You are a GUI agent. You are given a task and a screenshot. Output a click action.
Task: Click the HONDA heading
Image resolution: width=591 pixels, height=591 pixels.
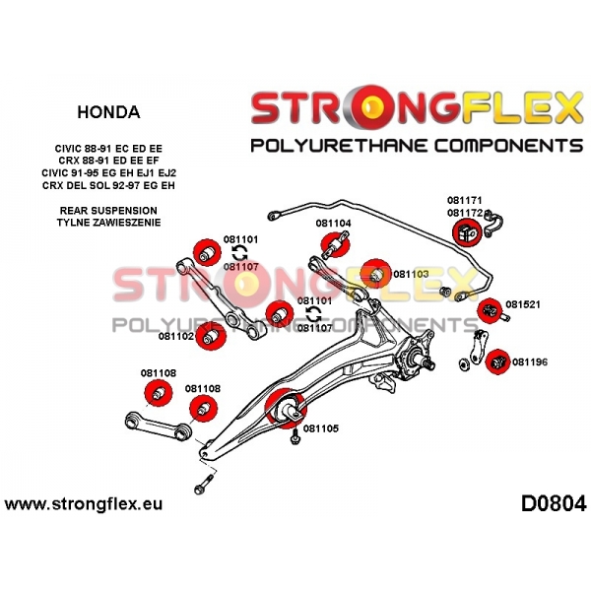coord(108,112)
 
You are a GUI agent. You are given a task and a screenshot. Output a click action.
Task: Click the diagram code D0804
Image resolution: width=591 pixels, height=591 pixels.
coord(554,503)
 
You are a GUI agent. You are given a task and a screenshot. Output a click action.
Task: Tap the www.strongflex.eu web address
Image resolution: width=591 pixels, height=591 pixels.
coord(84,504)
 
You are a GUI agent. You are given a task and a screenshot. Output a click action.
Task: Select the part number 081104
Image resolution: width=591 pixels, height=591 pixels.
coord(333,224)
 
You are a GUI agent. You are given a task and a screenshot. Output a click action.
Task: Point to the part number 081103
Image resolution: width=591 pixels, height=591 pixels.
coord(411,274)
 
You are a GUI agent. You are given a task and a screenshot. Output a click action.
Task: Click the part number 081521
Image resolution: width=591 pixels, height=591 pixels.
coord(523,304)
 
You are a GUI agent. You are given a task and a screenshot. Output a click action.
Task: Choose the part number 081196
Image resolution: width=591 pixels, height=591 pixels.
coord(530,362)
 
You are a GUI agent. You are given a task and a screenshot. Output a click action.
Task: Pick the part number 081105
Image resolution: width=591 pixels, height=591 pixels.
coord(321,428)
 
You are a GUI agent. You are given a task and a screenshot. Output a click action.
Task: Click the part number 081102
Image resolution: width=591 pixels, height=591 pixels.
coord(176,336)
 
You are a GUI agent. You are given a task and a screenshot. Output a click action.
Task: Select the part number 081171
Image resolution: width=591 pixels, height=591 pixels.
coord(465,200)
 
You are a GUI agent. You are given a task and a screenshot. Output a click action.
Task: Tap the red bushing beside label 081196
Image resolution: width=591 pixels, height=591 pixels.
coord(497,361)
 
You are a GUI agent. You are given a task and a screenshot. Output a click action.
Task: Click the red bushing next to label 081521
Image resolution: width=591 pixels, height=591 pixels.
coord(490,310)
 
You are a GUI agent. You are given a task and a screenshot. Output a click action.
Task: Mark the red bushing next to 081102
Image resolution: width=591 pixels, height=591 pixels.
coord(211,336)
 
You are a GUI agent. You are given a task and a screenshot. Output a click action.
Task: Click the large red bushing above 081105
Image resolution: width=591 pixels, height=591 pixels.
coord(286,408)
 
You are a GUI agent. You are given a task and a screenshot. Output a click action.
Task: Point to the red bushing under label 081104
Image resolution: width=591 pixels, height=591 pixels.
coord(335,244)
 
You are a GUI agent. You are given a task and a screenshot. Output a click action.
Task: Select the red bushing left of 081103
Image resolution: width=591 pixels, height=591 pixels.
coord(375,274)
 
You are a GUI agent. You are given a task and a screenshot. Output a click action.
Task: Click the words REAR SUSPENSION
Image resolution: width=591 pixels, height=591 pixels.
coord(108,211)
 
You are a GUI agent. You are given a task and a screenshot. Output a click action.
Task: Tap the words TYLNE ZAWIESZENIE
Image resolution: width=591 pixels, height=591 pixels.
coord(108,223)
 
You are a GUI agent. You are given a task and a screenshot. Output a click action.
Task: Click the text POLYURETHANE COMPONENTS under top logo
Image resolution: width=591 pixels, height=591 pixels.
coord(417,146)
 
